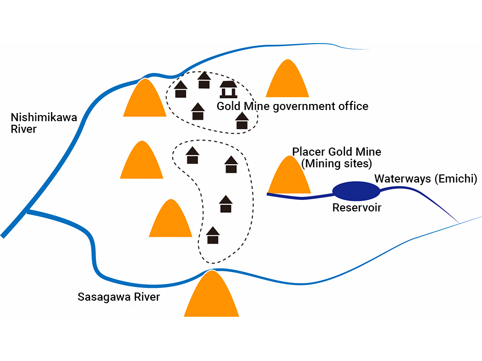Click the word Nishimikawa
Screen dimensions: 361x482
44,118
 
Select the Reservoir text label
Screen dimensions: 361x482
357,208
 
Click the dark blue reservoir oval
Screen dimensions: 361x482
356,191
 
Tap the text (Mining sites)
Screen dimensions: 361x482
336,164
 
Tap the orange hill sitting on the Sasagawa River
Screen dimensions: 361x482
211,296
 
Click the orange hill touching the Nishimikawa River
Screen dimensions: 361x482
145,100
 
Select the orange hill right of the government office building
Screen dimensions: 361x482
288,80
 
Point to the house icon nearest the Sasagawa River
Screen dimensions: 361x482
213,235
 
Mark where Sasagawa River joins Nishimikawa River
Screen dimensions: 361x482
28,211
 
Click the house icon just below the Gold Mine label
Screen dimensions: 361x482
242,121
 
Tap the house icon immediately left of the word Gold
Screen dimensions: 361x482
198,112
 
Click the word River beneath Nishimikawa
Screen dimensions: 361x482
24,129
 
